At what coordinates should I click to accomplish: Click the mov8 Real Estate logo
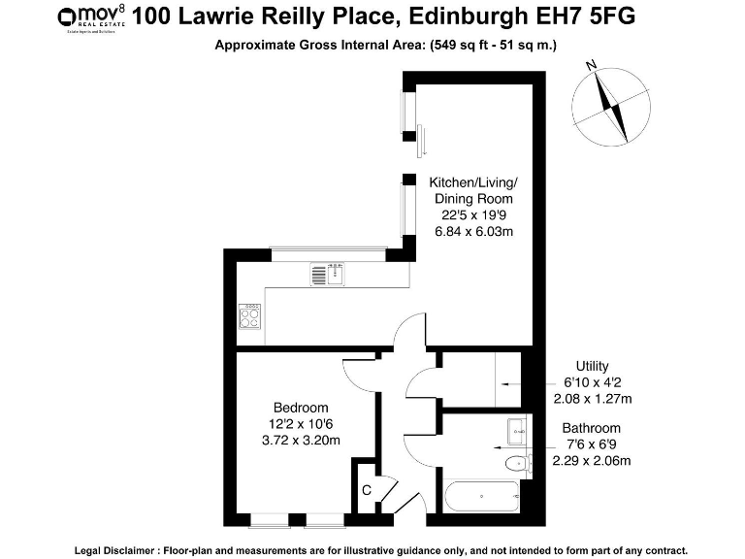coord(91,17)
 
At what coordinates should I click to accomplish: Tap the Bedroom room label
coord(300,408)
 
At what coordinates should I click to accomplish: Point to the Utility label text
coord(592,366)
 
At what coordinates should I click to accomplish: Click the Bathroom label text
coord(592,428)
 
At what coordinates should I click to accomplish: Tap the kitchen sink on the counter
coord(328,275)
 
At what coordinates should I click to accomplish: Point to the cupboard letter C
coord(366,491)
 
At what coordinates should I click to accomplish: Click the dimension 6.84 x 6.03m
coord(473,231)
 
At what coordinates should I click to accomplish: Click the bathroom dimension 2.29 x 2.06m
coord(591,460)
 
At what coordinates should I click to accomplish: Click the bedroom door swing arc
coord(351,374)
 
